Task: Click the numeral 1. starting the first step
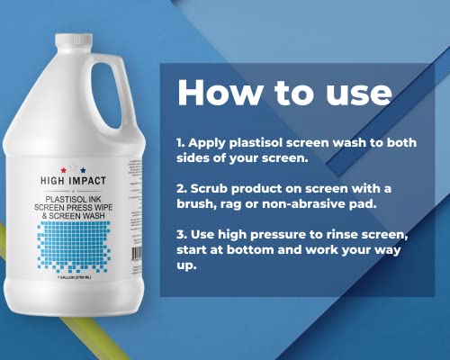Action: pyautogui.click(x=181, y=142)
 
